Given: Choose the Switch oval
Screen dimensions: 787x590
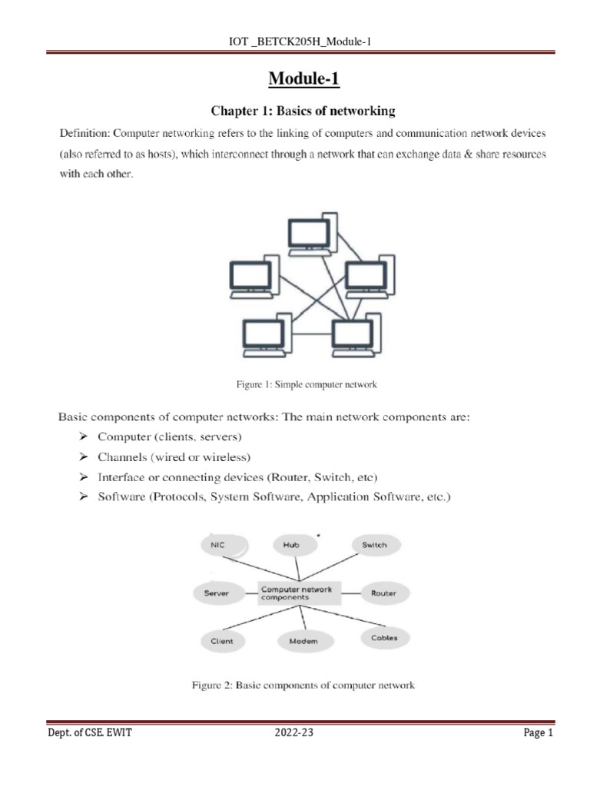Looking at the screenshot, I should pos(374,545).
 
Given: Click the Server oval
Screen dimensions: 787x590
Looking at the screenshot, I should pos(217,593).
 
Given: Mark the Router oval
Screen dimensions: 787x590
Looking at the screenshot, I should pos(383,593).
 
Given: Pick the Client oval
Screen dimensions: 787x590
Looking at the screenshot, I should pos(222,640).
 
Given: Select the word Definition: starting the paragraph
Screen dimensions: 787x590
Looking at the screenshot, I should pos(84,133).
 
